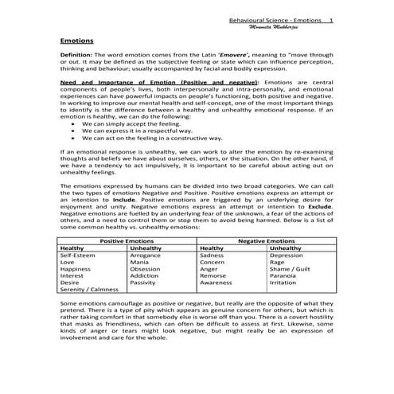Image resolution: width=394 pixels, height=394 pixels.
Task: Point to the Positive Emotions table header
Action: click(127, 240)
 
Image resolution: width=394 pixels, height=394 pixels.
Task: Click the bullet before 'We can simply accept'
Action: click(74, 125)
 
